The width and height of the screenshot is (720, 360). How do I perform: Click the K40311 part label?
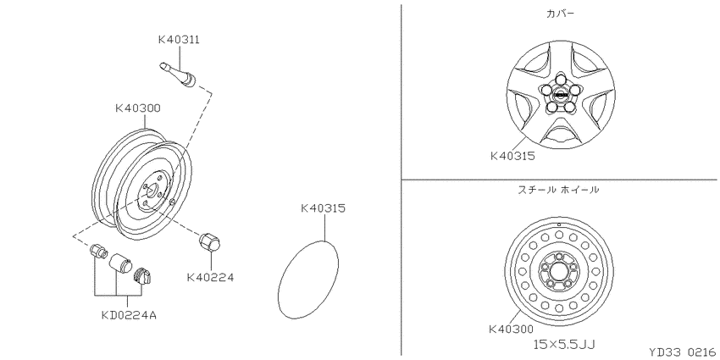pyautogui.click(x=179, y=40)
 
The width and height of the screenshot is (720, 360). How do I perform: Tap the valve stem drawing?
pyautogui.click(x=179, y=75)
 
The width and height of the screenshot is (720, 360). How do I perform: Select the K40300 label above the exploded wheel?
pyautogui.click(x=138, y=108)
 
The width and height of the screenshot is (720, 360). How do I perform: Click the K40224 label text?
pyautogui.click(x=210, y=277)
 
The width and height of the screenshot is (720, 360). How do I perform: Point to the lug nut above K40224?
pyautogui.click(x=209, y=242)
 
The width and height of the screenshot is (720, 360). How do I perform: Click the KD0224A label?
pyautogui.click(x=129, y=315)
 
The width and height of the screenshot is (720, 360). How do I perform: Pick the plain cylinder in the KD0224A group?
pyautogui.click(x=120, y=263)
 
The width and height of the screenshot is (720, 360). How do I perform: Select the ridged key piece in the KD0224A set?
pyautogui.click(x=142, y=277)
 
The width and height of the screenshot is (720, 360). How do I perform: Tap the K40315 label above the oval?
pyautogui.click(x=324, y=208)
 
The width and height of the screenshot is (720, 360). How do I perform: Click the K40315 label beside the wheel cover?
pyautogui.click(x=513, y=156)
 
